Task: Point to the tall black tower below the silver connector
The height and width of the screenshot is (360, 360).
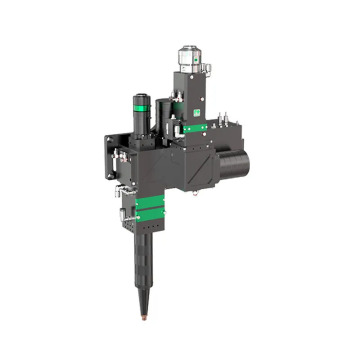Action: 190,95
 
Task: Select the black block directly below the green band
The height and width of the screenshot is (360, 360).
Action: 147,226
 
